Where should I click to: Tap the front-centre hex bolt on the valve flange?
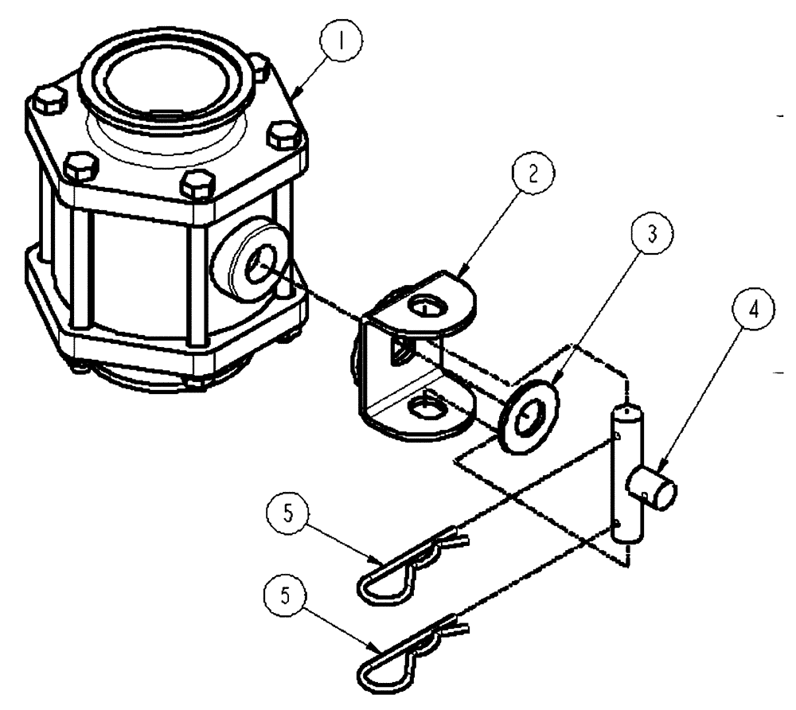pos(197,188)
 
